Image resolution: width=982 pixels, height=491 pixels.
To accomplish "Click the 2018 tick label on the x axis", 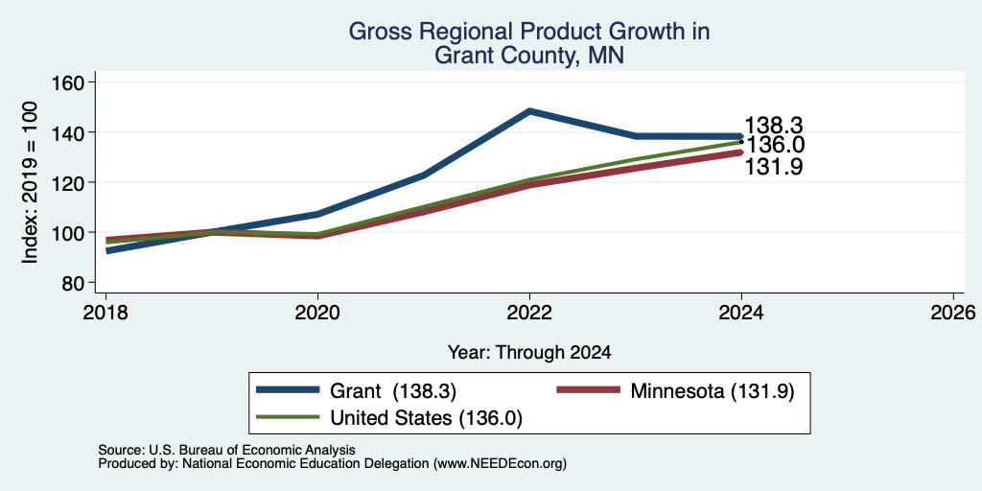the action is (x=105, y=312).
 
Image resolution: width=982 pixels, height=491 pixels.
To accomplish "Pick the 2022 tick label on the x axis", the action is (x=529, y=312).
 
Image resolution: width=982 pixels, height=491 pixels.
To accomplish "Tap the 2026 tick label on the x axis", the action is (x=953, y=312).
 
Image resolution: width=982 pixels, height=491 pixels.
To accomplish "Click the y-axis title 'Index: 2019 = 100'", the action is (x=30, y=182).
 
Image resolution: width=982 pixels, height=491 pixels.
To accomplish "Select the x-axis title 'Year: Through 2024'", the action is (x=529, y=353).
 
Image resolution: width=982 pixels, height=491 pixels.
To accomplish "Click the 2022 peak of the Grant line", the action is (x=529, y=111).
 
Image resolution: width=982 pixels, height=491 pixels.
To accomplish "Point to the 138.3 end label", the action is (x=774, y=126).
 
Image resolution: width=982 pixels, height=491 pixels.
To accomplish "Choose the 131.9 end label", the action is (x=774, y=167).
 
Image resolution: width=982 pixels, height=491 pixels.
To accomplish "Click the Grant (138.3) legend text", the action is (x=392, y=391).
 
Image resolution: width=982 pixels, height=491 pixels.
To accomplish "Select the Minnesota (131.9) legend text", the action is (x=713, y=391).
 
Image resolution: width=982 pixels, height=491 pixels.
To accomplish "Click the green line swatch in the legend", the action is (x=288, y=417).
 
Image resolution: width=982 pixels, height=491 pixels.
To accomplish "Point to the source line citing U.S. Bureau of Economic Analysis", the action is (x=226, y=451).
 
